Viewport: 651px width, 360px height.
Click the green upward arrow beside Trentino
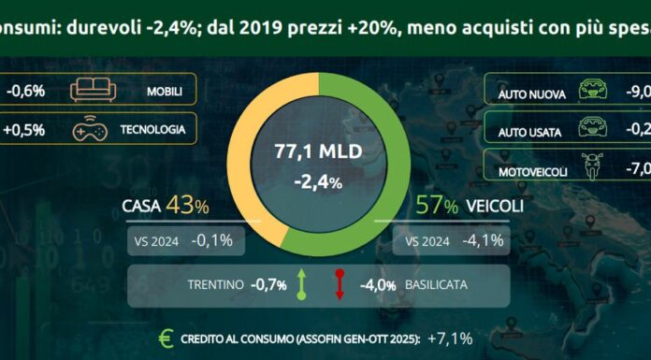pos(302,282)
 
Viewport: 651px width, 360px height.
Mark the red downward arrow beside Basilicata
pos(340,282)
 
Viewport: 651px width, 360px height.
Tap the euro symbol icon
pos(166,338)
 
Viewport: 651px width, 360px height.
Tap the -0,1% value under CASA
pos(213,241)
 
